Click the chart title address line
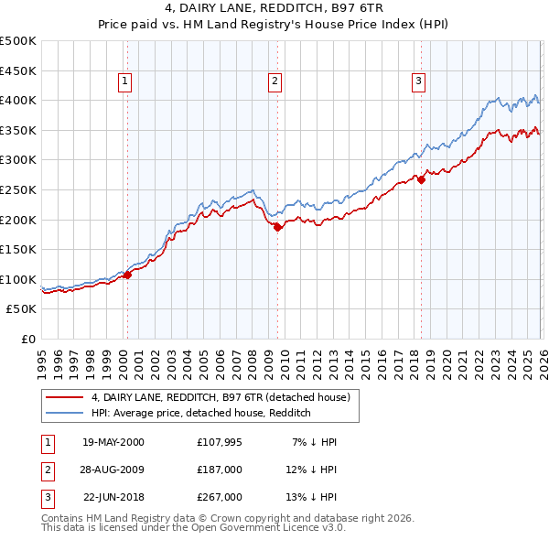[274, 8]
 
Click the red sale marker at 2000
[128, 274]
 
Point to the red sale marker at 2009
[278, 227]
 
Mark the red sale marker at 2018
[422, 179]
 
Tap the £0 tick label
[28, 339]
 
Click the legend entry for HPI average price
[201, 413]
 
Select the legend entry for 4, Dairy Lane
[220, 397]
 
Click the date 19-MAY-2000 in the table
[113, 442]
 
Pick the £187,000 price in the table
[220, 470]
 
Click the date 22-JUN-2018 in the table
[113, 497]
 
